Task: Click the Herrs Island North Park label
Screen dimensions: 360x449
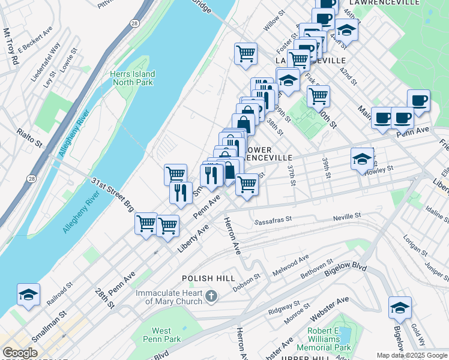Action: pyautogui.click(x=132, y=79)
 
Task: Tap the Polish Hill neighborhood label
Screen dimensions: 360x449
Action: pyautogui.click(x=205, y=279)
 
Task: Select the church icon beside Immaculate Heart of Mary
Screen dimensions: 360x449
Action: pyautogui.click(x=211, y=296)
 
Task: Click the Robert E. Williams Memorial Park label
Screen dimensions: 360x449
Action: pyautogui.click(x=329, y=339)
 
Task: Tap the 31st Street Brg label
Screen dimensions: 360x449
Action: pyautogui.click(x=112, y=195)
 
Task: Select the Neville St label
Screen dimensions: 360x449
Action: pyautogui.click(x=348, y=215)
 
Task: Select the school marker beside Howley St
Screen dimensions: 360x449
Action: pyautogui.click(x=362, y=159)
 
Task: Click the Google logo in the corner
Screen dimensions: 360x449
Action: pyautogui.click(x=19, y=353)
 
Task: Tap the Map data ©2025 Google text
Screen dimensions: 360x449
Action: pyautogui.click(x=411, y=355)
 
